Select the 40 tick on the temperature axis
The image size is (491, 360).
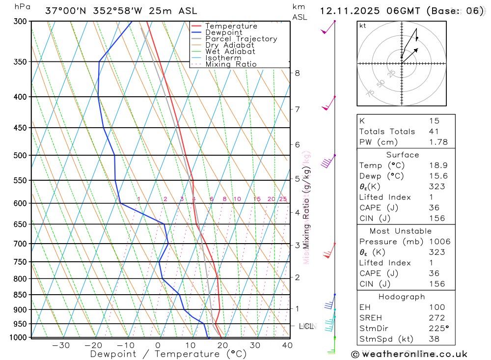pyautogui.click(x=287, y=345)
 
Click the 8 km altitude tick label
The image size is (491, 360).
pyautogui.click(x=297, y=73)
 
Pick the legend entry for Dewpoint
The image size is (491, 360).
pyautogui.click(x=223, y=32)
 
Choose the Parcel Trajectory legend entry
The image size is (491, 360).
pyautogui.click(x=241, y=39)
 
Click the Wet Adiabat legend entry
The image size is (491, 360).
pyautogui.click(x=230, y=52)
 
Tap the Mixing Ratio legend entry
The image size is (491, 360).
pyautogui.click(x=231, y=64)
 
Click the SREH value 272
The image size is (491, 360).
pyautogui.click(x=436, y=318)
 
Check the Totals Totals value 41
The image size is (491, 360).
pyautogui.click(x=434, y=131)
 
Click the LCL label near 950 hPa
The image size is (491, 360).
pyautogui.click(x=306, y=326)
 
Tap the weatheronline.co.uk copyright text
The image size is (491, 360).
pyautogui.click(x=409, y=354)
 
